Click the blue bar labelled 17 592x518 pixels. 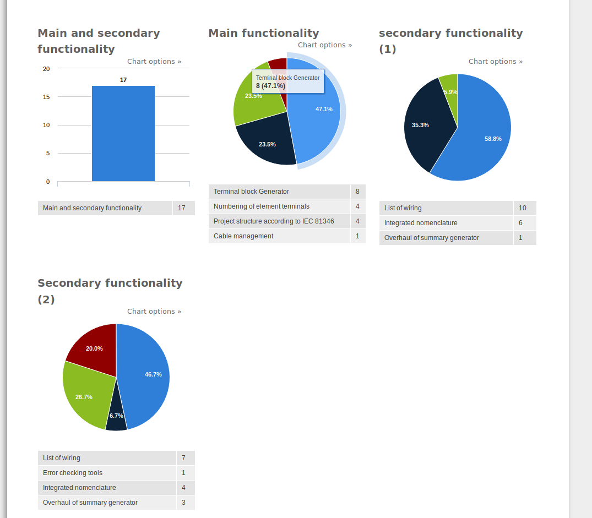(x=123, y=134)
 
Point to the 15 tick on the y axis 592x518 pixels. (x=46, y=97)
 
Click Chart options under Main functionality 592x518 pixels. (x=325, y=45)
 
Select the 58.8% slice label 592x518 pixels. (x=493, y=139)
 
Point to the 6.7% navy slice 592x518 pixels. (x=116, y=417)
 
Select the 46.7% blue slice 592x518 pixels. (x=145, y=375)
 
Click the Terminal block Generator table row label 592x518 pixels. (x=251, y=192)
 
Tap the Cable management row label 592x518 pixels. (x=243, y=236)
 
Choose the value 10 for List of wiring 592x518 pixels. (x=522, y=208)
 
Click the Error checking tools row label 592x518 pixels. (x=73, y=473)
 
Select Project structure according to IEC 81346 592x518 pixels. (x=274, y=221)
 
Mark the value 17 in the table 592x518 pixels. (x=182, y=208)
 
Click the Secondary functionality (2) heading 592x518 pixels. (x=110, y=291)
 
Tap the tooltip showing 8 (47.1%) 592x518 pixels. (x=287, y=81)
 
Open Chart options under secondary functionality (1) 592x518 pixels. (x=495, y=62)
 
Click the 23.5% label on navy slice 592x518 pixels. (x=267, y=144)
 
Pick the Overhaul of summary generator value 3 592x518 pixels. (x=183, y=503)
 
